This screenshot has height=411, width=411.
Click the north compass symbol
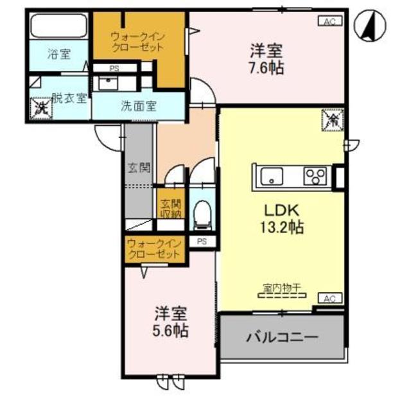click(x=371, y=26)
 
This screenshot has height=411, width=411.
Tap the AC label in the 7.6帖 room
click(x=329, y=21)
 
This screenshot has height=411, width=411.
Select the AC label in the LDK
click(x=329, y=298)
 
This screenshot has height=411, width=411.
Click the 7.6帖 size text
click(x=267, y=67)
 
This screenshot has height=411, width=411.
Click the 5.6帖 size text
click(x=170, y=331)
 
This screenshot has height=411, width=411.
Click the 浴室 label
click(x=58, y=55)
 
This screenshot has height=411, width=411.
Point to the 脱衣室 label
click(x=69, y=98)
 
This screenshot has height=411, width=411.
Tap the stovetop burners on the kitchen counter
click(x=316, y=175)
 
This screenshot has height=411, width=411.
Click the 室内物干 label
click(x=283, y=287)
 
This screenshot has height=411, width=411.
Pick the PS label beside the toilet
click(x=202, y=241)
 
